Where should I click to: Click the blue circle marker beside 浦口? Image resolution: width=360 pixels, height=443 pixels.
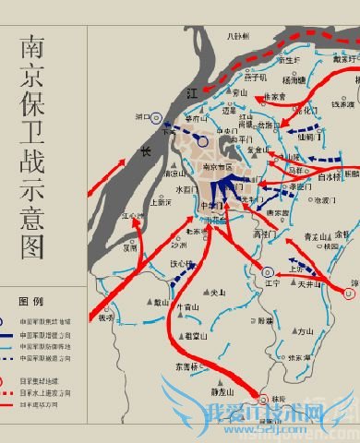tap(157, 119)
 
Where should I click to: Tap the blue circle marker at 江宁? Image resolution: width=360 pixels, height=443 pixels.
tap(268, 272)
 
